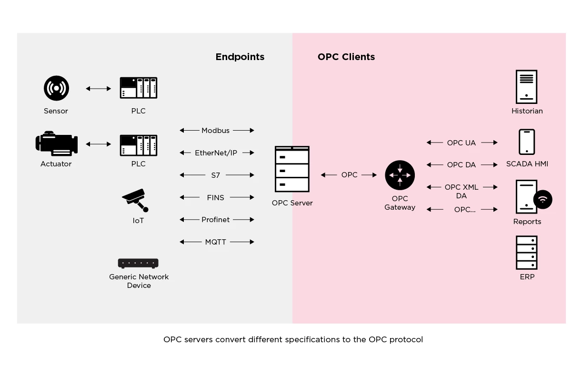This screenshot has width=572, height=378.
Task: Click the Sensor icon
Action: coord(56,88)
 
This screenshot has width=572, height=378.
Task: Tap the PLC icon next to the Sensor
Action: coord(138,88)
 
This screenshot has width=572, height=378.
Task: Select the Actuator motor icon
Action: coord(56,144)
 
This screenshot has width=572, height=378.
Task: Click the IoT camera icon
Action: coord(135,200)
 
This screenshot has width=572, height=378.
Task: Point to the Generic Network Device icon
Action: coord(138,263)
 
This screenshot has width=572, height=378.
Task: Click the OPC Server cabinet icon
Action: coord(292,169)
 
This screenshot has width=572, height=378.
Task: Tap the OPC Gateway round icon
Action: coord(400,175)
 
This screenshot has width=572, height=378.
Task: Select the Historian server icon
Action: coord(526,87)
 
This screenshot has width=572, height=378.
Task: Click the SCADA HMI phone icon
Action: coord(526,142)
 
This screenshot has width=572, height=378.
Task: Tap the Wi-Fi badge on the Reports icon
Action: coord(542,199)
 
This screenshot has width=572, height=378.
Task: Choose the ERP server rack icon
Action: coord(526,253)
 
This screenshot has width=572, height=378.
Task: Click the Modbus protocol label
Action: coord(215,131)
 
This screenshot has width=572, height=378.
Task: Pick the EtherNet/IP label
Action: coord(216,153)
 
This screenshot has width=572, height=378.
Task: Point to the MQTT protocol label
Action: coord(215,242)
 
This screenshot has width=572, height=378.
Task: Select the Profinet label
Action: coord(215,220)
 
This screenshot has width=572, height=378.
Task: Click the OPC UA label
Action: coord(461,143)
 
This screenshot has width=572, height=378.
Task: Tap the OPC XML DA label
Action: coord(461,192)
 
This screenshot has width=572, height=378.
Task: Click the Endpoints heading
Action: coord(240,57)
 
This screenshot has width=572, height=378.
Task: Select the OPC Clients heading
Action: coord(346,57)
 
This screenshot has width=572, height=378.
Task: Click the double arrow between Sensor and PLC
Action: coord(98,89)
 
